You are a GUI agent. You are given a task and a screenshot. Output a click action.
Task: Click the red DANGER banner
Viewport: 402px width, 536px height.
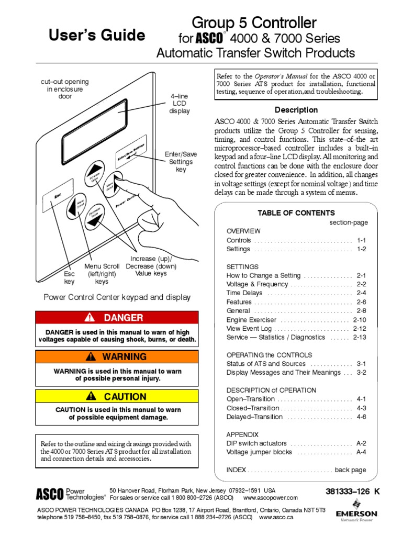click(117, 317)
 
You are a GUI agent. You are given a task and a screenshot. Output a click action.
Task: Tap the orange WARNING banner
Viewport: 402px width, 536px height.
click(117, 357)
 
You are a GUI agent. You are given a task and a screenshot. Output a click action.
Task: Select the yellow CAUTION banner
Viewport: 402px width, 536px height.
click(117, 396)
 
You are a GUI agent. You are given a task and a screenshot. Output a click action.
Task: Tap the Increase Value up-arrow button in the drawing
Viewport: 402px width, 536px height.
click(95, 171)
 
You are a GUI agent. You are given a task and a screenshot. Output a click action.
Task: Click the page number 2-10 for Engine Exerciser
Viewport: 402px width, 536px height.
click(360, 319)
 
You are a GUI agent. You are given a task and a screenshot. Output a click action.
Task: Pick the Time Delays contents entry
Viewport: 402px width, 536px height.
click(244, 293)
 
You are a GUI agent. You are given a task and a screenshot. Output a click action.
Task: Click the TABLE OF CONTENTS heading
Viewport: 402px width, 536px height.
click(296, 213)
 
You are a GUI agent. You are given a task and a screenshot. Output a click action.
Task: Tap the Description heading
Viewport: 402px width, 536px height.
click(296, 110)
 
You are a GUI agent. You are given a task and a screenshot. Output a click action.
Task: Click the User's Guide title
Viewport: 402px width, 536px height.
click(96, 35)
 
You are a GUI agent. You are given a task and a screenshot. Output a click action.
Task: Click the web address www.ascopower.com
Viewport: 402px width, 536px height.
click(270, 498)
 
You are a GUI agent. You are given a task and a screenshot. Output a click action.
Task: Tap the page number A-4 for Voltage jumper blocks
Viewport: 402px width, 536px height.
click(361, 452)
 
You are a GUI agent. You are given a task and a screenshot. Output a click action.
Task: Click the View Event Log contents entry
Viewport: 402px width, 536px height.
click(249, 329)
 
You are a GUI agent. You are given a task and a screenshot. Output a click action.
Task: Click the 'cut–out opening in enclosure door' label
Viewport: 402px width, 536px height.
click(65, 89)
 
